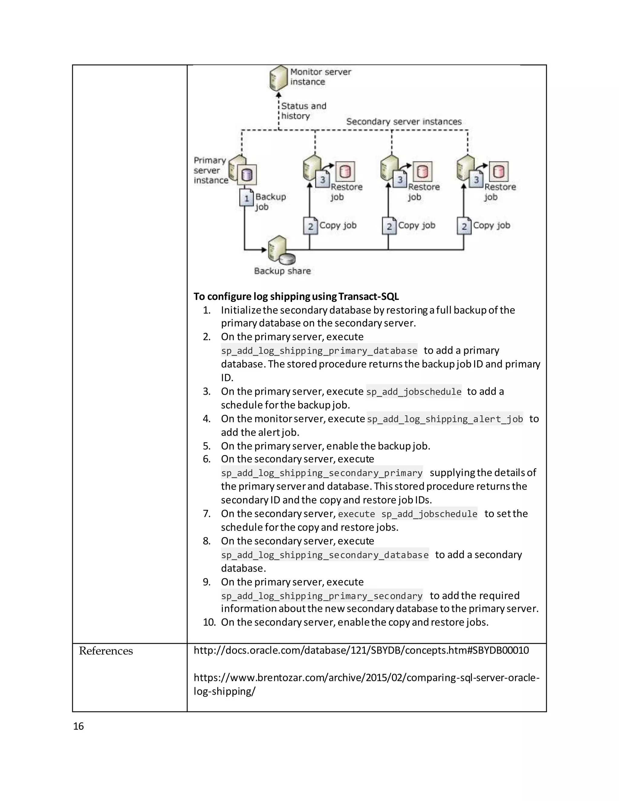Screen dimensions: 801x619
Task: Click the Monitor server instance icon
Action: pos(278,78)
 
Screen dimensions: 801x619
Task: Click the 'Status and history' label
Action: pos(303,111)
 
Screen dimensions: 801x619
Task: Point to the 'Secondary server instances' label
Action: pos(404,122)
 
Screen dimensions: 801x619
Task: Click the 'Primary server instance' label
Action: pos(210,170)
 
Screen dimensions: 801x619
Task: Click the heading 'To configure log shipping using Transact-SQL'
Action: pos(296,296)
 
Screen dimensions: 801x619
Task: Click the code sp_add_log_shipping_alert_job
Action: pos(445,419)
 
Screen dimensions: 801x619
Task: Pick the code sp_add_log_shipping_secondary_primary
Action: pos(322,473)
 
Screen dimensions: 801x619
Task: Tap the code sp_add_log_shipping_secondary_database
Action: pos(325,555)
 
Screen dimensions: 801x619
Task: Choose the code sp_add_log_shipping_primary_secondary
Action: pos(322,596)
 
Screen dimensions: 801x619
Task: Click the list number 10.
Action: pos(209,622)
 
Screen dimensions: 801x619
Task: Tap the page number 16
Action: pos(79,726)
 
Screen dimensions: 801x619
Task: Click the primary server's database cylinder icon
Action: pos(247,175)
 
